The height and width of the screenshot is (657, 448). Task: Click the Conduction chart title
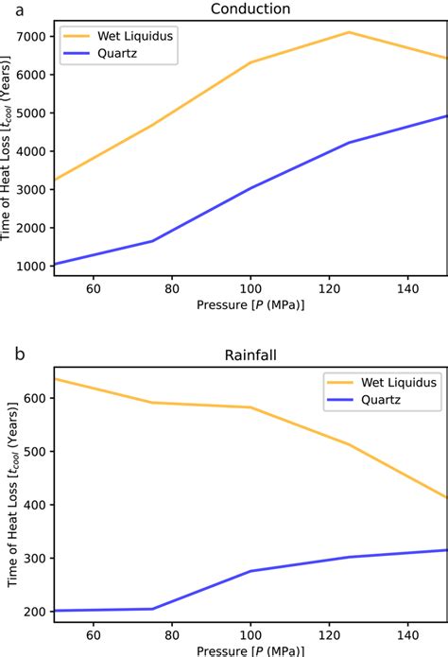click(x=250, y=9)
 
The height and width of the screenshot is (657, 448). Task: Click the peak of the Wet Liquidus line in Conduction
click(x=349, y=32)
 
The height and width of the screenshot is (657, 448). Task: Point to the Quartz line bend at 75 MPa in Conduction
click(x=152, y=241)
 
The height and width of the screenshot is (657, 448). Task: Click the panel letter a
click(x=7, y=9)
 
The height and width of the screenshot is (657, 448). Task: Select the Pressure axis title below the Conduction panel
click(x=250, y=305)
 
